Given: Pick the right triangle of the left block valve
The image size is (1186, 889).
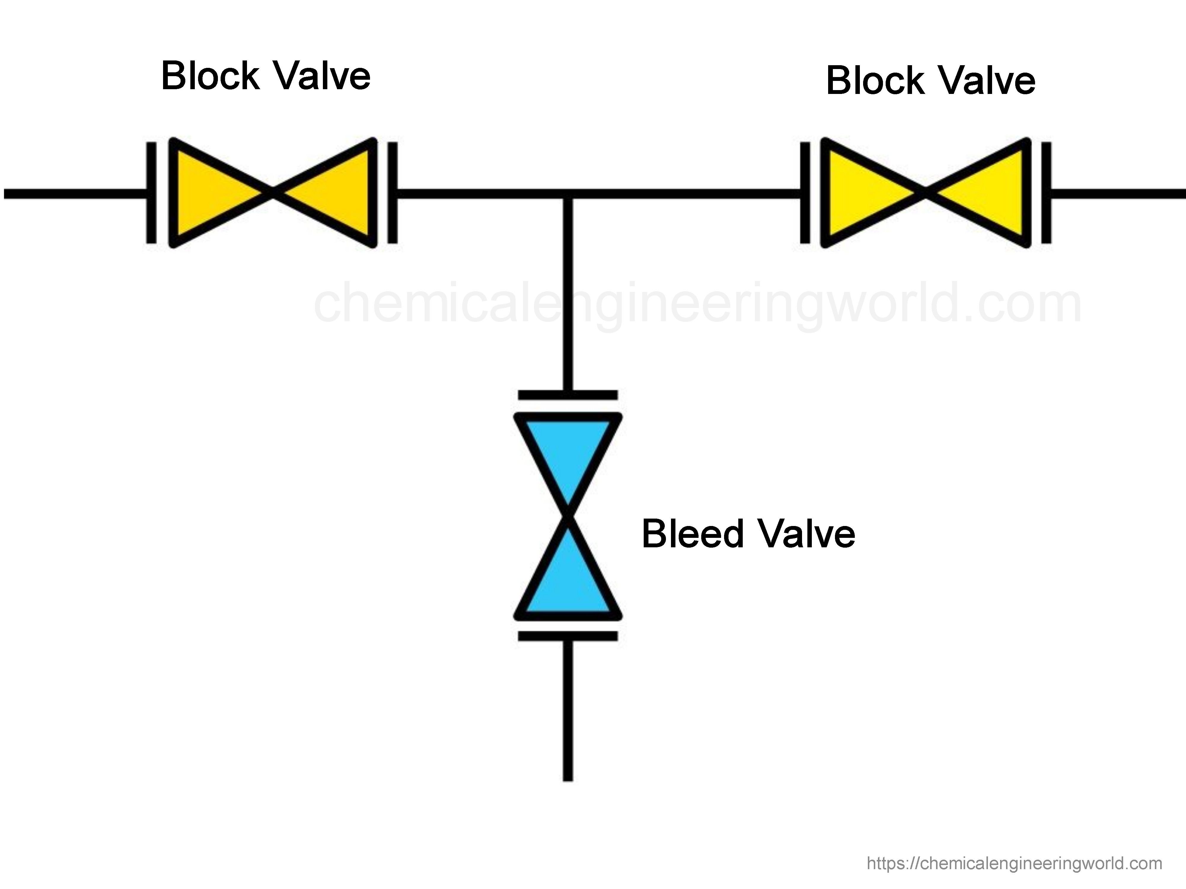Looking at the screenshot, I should (335, 193).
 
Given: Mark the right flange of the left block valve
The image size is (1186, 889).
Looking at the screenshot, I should (392, 193).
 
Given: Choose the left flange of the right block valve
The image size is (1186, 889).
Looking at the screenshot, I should (805, 193).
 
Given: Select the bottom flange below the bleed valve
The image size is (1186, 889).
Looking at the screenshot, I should (568, 636).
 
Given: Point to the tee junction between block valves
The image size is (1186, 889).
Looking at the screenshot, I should (568, 194).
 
